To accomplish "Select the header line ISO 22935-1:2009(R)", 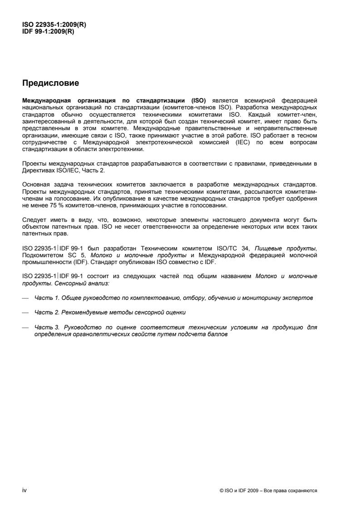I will (x=54, y=25).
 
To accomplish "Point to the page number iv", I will (x=25, y=489).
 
